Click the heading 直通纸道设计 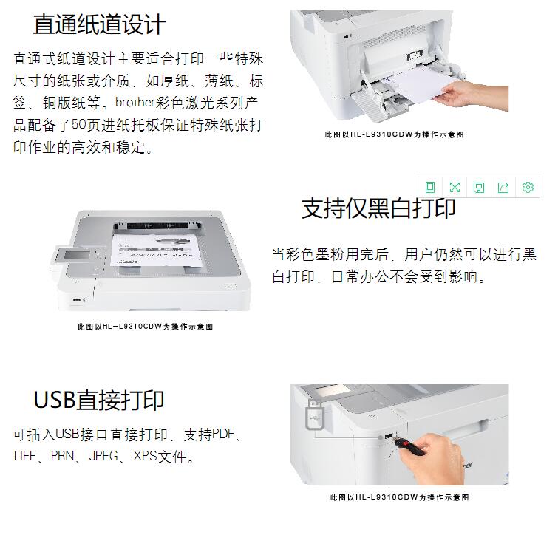coord(99,24)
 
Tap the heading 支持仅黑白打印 coord(378,208)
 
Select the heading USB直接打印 coord(99,400)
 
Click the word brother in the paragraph coord(135,103)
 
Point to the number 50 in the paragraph coord(78,125)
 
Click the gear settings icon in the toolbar coord(528,187)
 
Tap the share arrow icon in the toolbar coord(503,187)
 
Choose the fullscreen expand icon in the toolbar coord(455,187)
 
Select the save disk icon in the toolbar coord(479,187)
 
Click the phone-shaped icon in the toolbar coord(430,187)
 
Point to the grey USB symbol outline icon coord(315,415)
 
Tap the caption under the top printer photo coord(394,134)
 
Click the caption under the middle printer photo coord(145,327)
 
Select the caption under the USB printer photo coord(399,497)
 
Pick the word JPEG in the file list coord(103,456)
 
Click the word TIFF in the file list coord(24,456)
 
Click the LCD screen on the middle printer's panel coord(76,256)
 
